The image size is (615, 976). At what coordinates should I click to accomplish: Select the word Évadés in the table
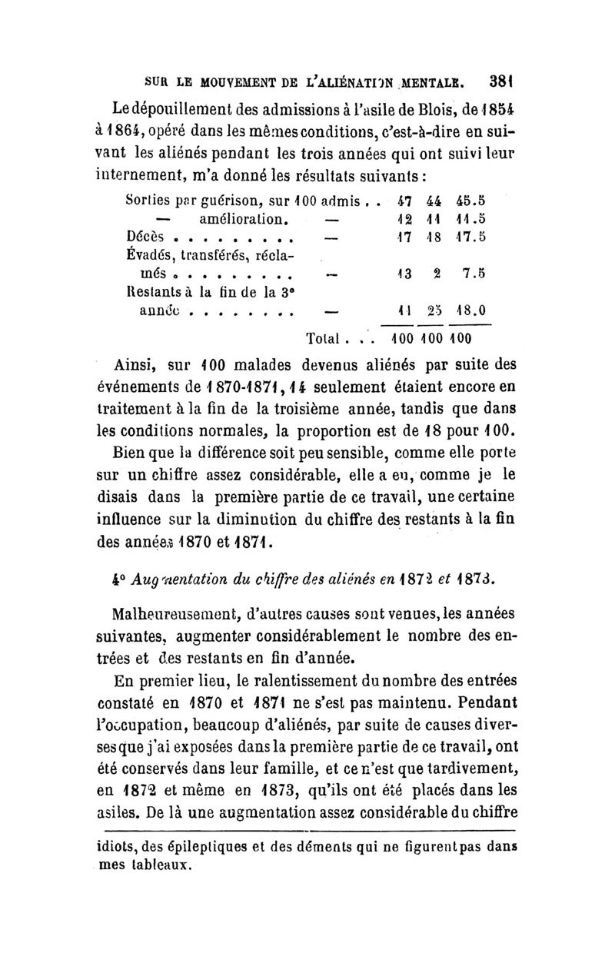tap(149, 256)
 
